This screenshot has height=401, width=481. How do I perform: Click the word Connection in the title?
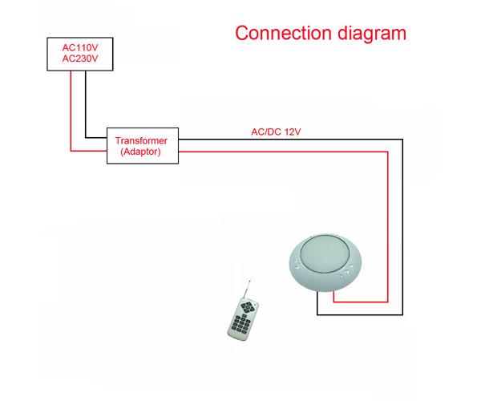283,33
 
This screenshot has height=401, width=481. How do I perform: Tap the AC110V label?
80,48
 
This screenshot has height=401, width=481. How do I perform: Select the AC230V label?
80,59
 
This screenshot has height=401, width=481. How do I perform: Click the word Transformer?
141,140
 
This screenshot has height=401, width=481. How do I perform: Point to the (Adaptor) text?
141,152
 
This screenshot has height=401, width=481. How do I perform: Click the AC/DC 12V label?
276,132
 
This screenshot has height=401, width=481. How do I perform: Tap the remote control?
243,320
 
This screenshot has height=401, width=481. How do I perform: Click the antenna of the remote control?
247,289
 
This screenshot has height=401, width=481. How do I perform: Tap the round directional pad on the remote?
247,306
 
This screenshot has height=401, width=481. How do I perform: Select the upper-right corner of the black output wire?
402,140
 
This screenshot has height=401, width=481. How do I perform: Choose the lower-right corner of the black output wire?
402,314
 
